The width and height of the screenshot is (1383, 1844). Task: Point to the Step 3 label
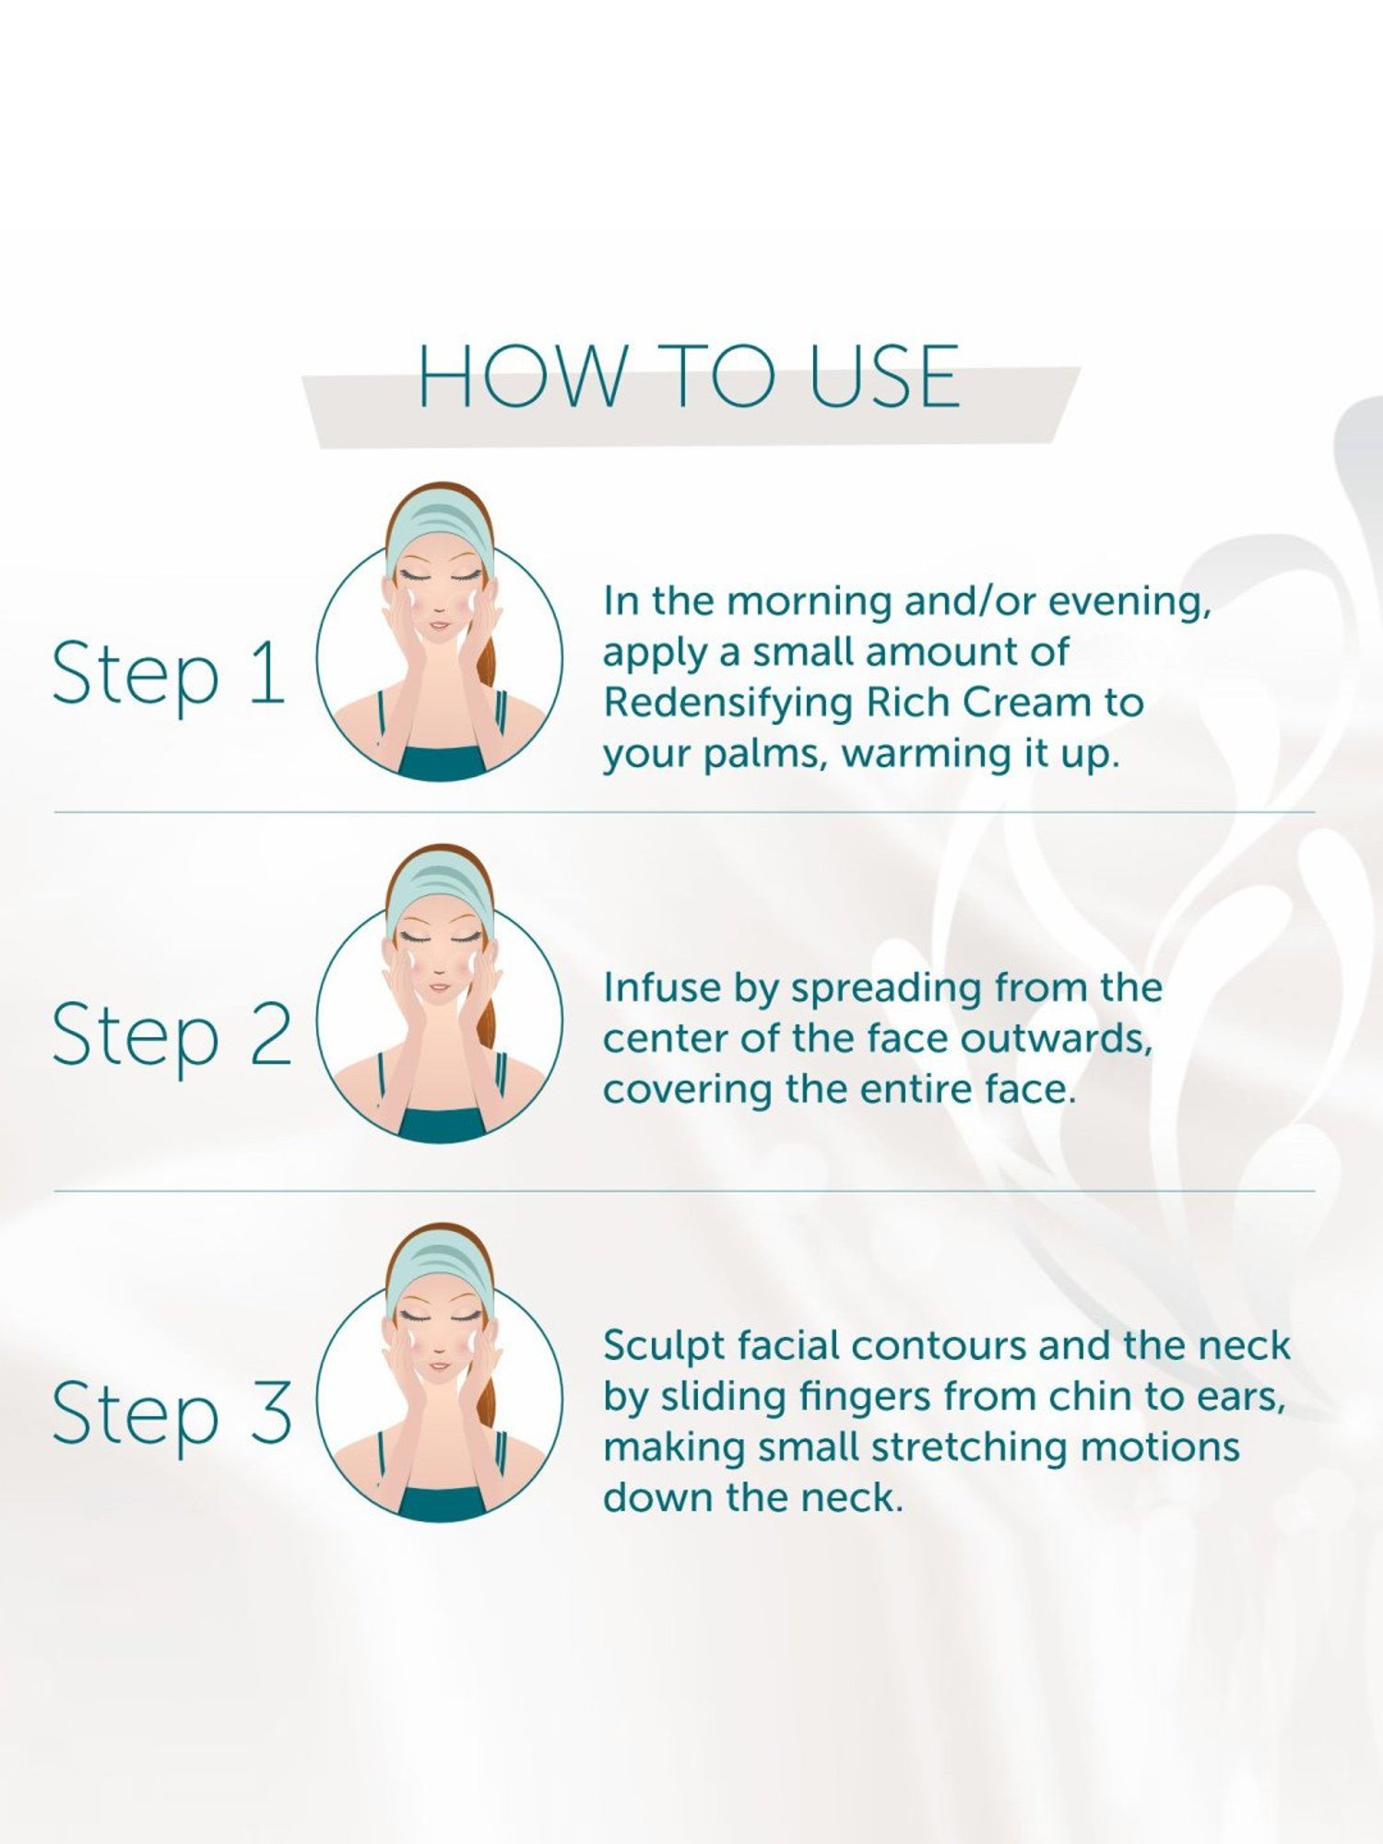(x=171, y=1413)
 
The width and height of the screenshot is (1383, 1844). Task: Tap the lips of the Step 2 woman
(x=438, y=988)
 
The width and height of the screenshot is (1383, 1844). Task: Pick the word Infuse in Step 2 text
(x=662, y=987)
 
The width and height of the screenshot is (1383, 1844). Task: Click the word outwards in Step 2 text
(x=1057, y=1039)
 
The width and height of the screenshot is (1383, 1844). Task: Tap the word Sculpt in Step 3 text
(x=663, y=1347)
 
